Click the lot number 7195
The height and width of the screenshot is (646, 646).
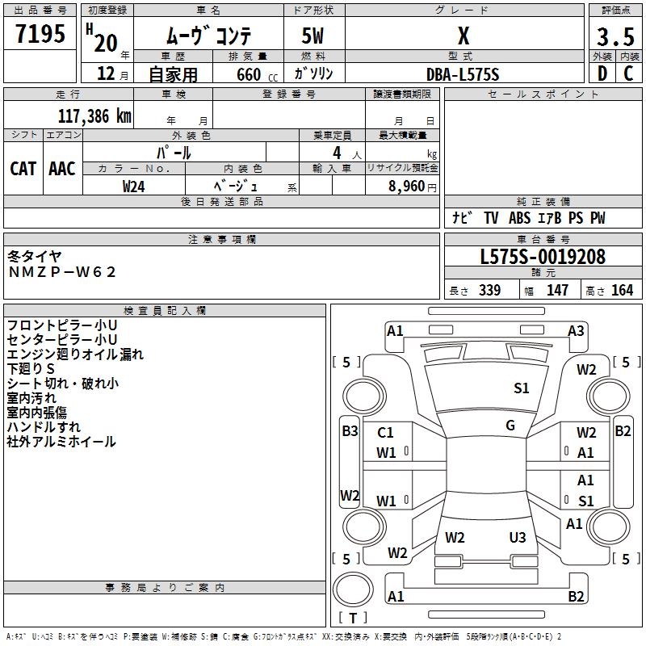pyautogui.click(x=40, y=34)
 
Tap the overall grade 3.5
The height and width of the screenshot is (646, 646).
pyautogui.click(x=615, y=36)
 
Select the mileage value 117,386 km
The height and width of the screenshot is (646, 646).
pyautogui.click(x=94, y=116)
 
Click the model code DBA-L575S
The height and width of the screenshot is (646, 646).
pyautogui.click(x=463, y=74)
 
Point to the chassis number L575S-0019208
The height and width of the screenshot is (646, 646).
pyautogui.click(x=543, y=257)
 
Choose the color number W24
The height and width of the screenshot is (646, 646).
pyautogui.click(x=133, y=187)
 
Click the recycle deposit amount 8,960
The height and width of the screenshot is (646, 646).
pyautogui.click(x=406, y=187)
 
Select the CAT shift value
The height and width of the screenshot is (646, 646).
pyautogui.click(x=23, y=169)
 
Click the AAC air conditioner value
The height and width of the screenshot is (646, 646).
pyautogui.click(x=62, y=169)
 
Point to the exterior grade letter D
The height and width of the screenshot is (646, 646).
pyautogui.click(x=602, y=73)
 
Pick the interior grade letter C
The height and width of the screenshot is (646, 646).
pyautogui.click(x=628, y=73)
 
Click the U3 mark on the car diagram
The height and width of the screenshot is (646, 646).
pyautogui.click(x=518, y=537)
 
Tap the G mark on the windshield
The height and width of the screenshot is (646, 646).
pyautogui.click(x=510, y=425)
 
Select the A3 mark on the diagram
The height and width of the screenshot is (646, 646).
pyautogui.click(x=576, y=331)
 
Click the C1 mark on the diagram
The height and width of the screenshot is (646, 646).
pyautogui.click(x=385, y=433)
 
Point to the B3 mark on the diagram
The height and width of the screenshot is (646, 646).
pyautogui.click(x=350, y=431)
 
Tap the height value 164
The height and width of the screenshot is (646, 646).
pyautogui.click(x=622, y=290)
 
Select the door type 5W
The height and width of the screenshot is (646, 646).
pyautogui.click(x=313, y=36)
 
